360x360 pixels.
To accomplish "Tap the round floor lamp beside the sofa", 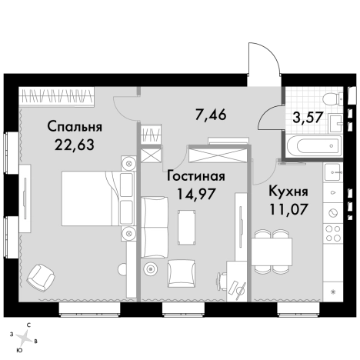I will tap(151, 269).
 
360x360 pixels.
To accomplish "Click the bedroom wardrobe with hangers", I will tap(58, 96).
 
